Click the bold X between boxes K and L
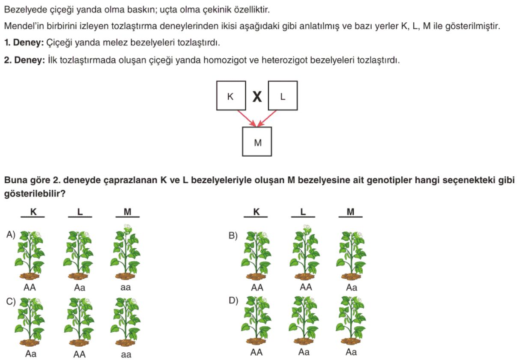(x=257, y=96)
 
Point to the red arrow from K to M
(x=247, y=119)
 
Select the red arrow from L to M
(x=267, y=119)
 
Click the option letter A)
(x=11, y=235)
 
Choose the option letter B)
(x=233, y=235)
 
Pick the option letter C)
(x=11, y=301)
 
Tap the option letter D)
(x=233, y=300)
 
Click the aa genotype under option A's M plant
(x=125, y=288)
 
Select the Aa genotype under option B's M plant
(x=352, y=288)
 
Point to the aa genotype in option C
(x=126, y=354)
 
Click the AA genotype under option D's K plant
(x=257, y=352)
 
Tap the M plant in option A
(x=125, y=252)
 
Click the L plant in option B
(x=305, y=252)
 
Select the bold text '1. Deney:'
(x=24, y=43)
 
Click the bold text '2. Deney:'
(x=24, y=60)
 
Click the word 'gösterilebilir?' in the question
(x=35, y=193)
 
